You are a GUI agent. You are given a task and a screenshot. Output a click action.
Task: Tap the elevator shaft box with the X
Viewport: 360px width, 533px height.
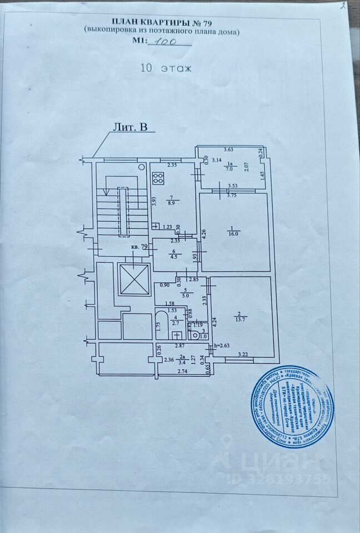pos(134,279)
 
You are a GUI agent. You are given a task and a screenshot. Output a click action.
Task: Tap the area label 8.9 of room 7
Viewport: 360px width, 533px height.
pos(172,204)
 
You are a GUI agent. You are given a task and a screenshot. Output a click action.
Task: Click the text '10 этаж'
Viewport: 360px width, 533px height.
pos(166,69)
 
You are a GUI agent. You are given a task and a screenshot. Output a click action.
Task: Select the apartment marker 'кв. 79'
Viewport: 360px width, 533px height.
pos(139,247)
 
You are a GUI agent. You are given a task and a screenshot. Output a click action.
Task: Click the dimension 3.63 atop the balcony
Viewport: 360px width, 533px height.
pos(229,149)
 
